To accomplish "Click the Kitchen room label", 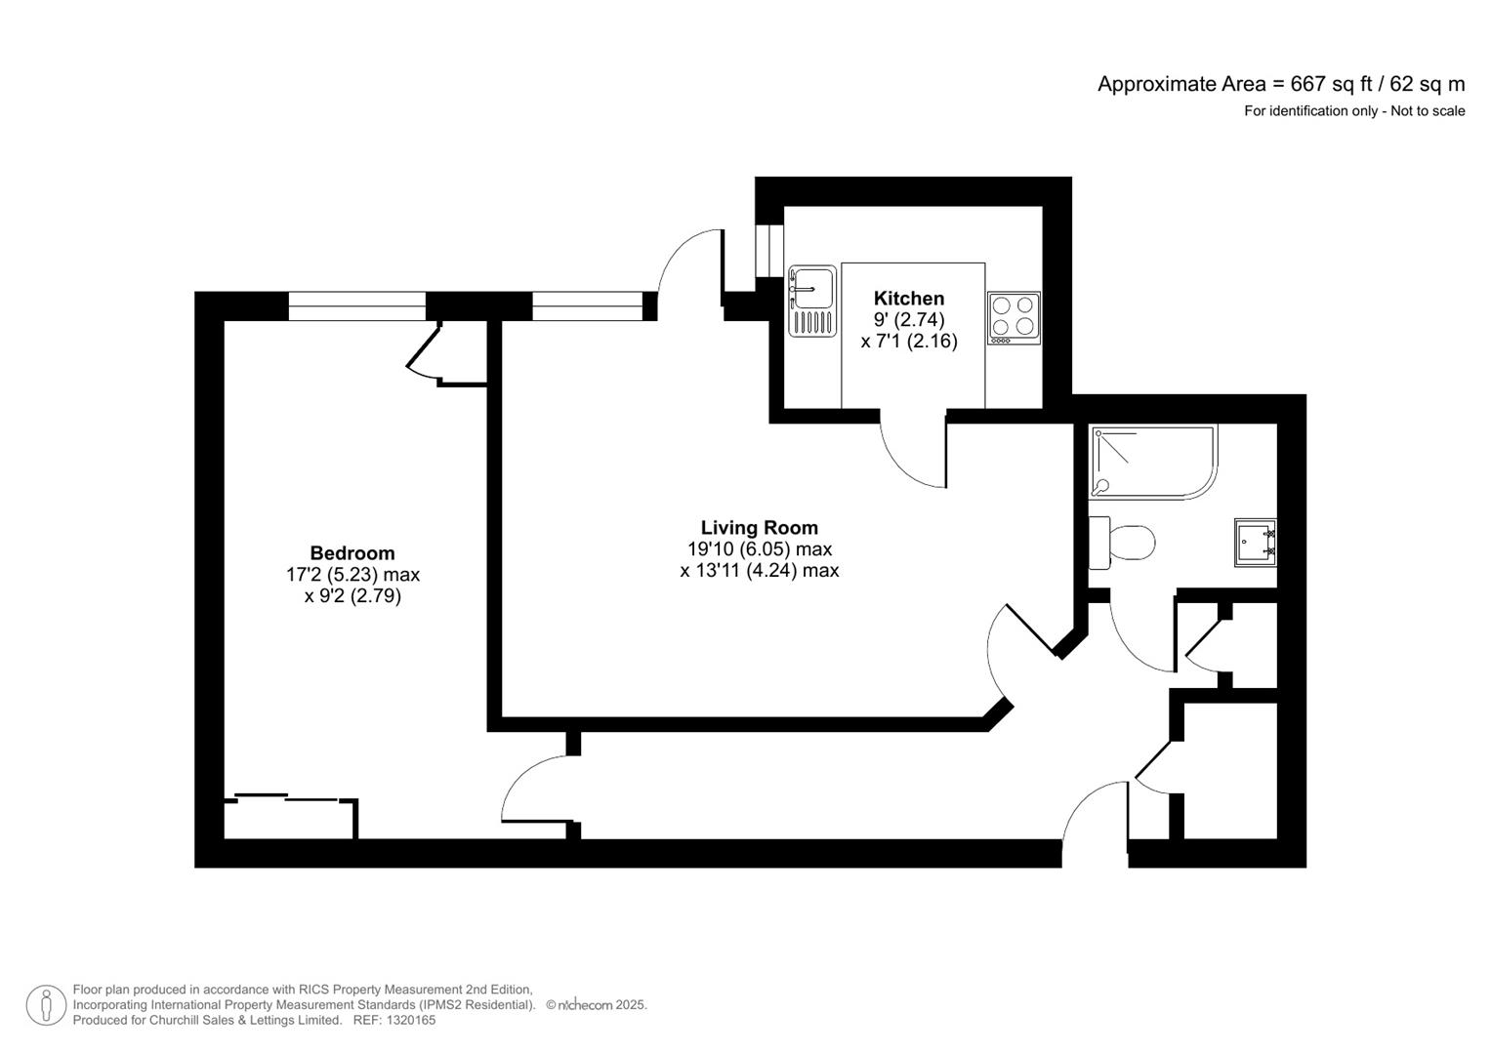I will pyautogui.click(x=908, y=299).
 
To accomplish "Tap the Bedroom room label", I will pyautogui.click(x=352, y=553).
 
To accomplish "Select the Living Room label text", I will pyautogui.click(x=759, y=528).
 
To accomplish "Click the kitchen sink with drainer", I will pyautogui.click(x=812, y=301).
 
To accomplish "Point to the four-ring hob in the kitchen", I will pyautogui.click(x=1014, y=317).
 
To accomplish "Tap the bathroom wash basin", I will pyautogui.click(x=1255, y=542).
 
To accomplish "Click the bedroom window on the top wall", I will pyautogui.click(x=357, y=306).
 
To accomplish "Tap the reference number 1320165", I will pyautogui.click(x=411, y=1021).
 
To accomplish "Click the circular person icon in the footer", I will pyautogui.click(x=45, y=1005).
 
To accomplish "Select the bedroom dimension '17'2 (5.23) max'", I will pyautogui.click(x=352, y=575).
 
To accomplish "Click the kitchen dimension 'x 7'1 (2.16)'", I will pyautogui.click(x=908, y=342).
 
